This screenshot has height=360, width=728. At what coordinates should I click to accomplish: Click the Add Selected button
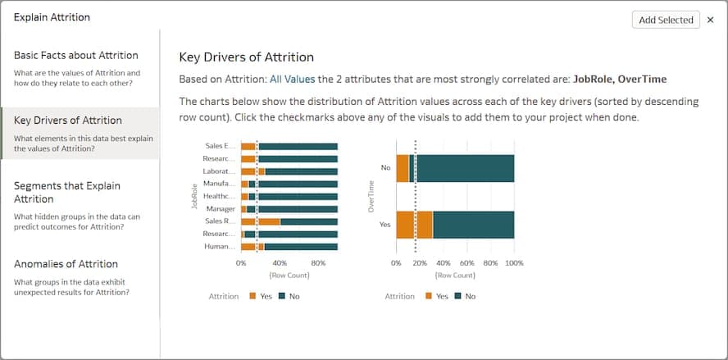(666, 20)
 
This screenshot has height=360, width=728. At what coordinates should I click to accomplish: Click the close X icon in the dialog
(710, 20)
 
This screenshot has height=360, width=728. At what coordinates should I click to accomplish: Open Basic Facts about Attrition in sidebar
(76, 56)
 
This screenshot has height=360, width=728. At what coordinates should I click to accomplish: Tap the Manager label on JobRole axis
(222, 209)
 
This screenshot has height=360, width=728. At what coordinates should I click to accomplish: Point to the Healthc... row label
(221, 197)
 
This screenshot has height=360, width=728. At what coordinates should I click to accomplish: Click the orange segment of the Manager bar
(243, 209)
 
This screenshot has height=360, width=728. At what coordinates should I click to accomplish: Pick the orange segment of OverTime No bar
(402, 168)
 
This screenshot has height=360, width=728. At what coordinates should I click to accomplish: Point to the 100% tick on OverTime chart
(514, 263)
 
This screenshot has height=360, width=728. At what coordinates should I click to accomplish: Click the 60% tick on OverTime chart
(466, 263)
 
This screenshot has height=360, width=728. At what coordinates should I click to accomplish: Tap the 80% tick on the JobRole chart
(318, 263)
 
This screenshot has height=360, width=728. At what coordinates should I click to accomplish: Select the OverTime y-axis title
(371, 197)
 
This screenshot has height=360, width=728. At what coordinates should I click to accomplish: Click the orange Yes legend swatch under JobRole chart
(253, 296)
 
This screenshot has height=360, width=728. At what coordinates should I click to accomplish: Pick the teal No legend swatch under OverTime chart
(458, 296)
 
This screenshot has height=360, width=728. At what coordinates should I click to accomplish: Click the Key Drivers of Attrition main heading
(246, 57)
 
